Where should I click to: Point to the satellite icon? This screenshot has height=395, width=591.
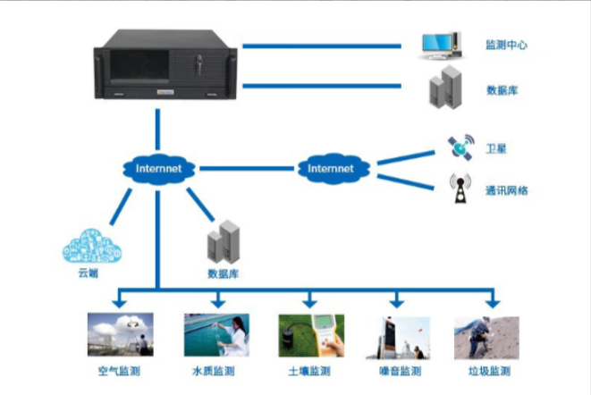pyautogui.click(x=461, y=147)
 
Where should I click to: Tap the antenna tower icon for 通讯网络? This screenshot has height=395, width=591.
pyautogui.click(x=460, y=188)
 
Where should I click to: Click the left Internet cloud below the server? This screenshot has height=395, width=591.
pyautogui.click(x=158, y=169)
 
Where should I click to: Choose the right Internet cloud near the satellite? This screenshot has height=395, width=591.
pyautogui.click(x=331, y=168)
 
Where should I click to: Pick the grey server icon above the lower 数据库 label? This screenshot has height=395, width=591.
pyautogui.click(x=222, y=242)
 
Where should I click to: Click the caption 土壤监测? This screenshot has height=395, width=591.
pyautogui.click(x=310, y=371)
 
